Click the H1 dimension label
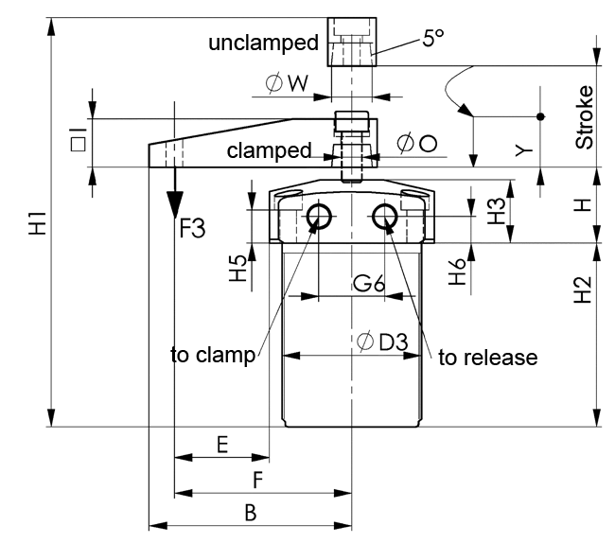37,226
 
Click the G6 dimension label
369,283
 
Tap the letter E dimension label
221,445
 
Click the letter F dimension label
257,481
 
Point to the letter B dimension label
250,513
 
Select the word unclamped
264,43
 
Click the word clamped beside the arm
270,150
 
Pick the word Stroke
586,116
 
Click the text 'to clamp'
213,355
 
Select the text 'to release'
488,357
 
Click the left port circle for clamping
317,218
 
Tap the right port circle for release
384,218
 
